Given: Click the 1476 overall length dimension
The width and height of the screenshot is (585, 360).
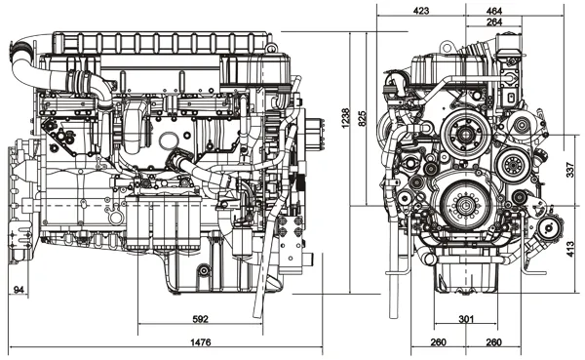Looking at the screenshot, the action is click(x=201, y=342).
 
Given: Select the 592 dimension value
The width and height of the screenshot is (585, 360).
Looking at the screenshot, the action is click(x=200, y=319).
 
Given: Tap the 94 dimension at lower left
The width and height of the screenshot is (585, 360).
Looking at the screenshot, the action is click(x=19, y=290).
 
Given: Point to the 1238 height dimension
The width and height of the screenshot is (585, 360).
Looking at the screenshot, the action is click(x=345, y=118).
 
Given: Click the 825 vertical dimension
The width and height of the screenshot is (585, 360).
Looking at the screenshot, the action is click(x=363, y=118).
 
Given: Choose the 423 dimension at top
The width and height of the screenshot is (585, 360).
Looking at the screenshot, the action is click(x=421, y=11).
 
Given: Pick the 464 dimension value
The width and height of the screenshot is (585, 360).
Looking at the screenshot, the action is click(x=494, y=11).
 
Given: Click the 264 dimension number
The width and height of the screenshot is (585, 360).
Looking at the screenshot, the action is click(x=494, y=22).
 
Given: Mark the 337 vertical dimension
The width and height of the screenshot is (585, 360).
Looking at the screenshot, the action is click(x=570, y=170).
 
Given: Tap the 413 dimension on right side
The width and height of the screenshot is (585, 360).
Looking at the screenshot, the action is click(x=570, y=249).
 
